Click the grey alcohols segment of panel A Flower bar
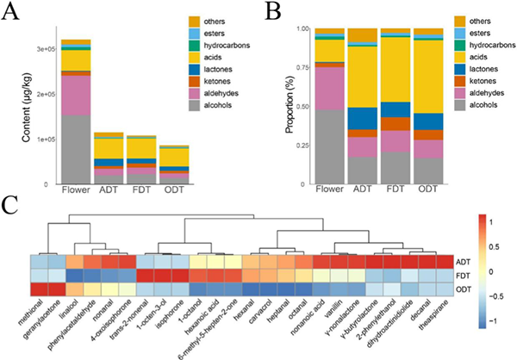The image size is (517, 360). coord(76,150)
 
